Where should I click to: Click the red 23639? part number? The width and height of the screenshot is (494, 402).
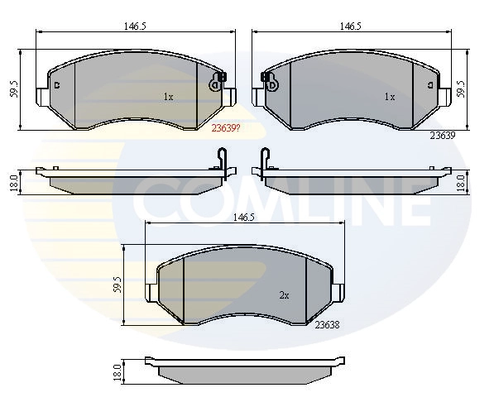point(226,128)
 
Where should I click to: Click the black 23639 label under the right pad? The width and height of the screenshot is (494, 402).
point(443,136)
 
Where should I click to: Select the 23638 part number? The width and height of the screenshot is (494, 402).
point(328,325)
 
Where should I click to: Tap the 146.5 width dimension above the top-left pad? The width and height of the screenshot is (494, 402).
point(135,26)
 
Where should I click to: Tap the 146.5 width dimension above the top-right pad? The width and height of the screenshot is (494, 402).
point(350,26)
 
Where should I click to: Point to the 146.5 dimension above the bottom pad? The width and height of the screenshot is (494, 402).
point(243,218)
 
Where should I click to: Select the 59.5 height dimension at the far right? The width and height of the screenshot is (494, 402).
point(461,89)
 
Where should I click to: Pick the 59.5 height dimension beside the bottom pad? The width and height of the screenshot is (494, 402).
point(118,285)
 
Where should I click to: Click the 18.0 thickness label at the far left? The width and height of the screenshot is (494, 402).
point(13,183)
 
